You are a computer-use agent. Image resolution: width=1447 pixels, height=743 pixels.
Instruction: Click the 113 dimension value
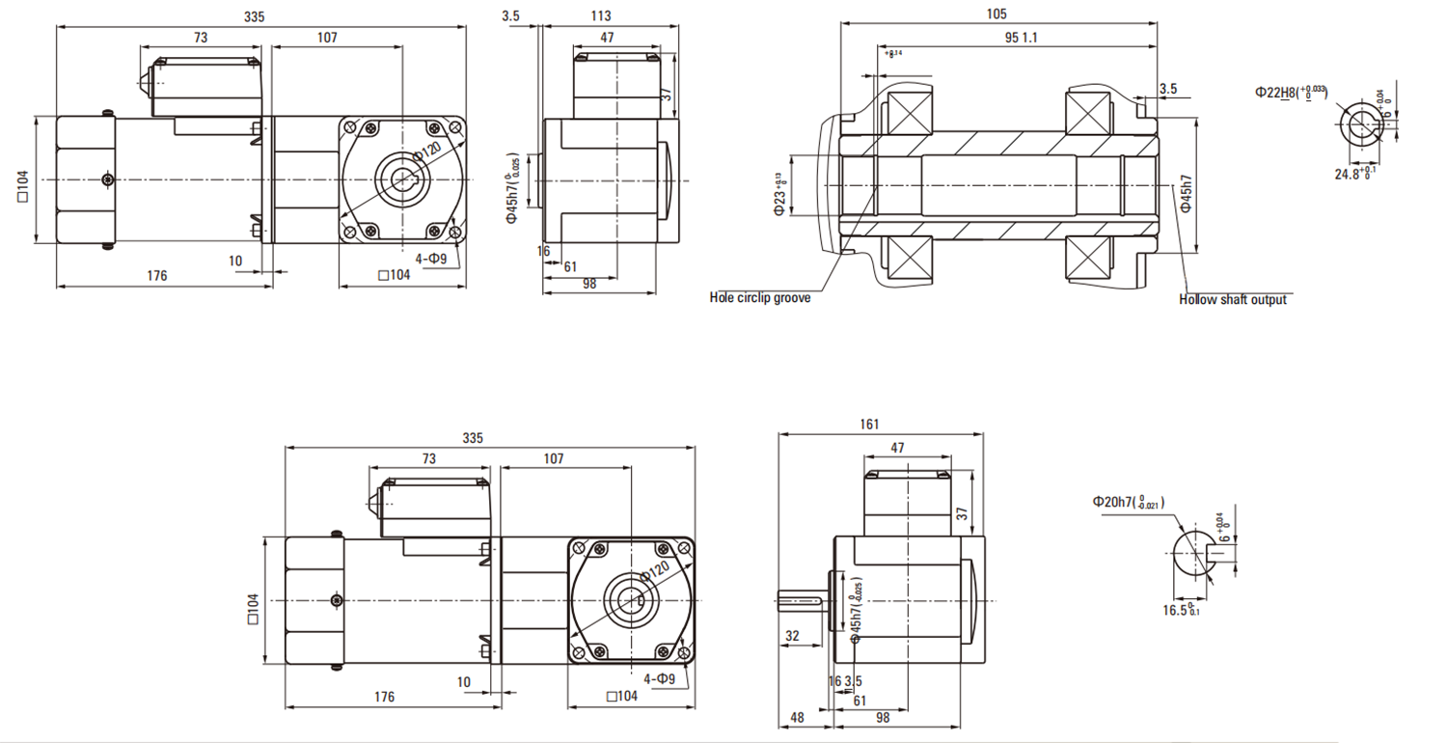[601, 15]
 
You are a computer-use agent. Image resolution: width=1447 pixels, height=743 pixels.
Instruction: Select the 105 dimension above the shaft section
[997, 14]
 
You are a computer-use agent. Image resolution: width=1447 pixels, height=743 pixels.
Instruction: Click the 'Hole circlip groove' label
[759, 298]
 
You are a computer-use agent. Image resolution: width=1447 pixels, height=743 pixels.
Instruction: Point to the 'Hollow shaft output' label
[1232, 300]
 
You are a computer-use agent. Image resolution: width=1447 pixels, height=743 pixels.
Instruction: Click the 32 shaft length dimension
[793, 636]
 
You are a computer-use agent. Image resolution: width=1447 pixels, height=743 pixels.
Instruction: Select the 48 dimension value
[797, 719]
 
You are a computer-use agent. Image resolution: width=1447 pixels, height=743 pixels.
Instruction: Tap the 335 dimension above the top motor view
[255, 16]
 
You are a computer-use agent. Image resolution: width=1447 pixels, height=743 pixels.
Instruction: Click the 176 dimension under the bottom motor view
[383, 697]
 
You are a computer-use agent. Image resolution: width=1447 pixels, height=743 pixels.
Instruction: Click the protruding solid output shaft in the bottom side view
[799, 601]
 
